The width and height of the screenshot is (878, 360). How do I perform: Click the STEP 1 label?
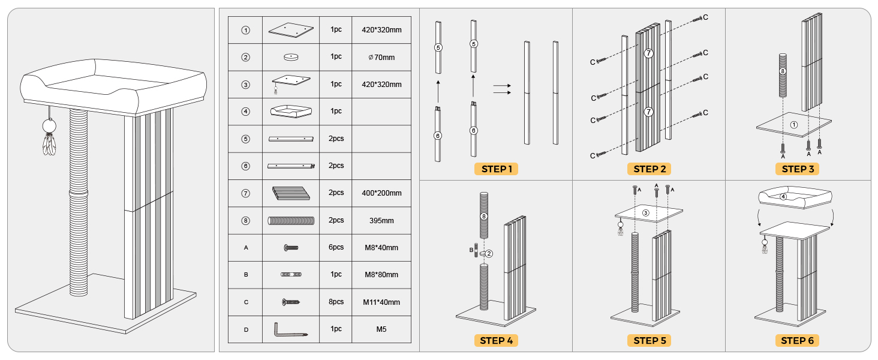pyautogui.click(x=496, y=169)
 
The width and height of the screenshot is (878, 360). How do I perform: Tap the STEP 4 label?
pyautogui.click(x=496, y=340)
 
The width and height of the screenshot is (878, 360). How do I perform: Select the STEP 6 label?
pyautogui.click(x=797, y=340)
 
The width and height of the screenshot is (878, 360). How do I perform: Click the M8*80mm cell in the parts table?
pyautogui.click(x=381, y=275)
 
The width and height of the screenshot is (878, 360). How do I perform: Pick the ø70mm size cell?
pyautogui.click(x=381, y=57)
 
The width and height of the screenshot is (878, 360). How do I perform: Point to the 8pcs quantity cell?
pyautogui.click(x=336, y=302)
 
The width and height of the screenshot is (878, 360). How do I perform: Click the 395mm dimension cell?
pyautogui.click(x=381, y=220)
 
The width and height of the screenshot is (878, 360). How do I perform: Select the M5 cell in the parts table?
pyautogui.click(x=381, y=329)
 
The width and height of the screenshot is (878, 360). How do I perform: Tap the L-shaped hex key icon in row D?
pyautogui.click(x=290, y=330)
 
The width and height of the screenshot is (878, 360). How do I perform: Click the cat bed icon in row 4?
pyautogui.click(x=291, y=112)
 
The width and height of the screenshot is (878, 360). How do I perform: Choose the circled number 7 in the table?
pyautogui.click(x=245, y=193)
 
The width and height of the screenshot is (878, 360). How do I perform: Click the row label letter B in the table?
pyautogui.click(x=246, y=275)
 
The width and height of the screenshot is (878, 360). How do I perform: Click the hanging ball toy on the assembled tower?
pyautogui.click(x=49, y=126)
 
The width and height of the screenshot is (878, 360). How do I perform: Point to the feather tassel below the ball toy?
pyautogui.click(x=49, y=145)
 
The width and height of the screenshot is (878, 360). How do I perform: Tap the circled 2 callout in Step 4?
pyautogui.click(x=489, y=254)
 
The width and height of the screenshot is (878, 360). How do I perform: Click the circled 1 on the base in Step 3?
pyautogui.click(x=793, y=125)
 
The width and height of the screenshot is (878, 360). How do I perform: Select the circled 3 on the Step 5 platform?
pyautogui.click(x=645, y=213)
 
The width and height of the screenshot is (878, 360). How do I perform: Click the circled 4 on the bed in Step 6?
pyautogui.click(x=783, y=196)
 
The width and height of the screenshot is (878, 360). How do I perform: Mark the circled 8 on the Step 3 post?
pyautogui.click(x=783, y=71)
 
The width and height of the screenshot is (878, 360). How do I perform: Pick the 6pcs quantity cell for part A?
pyautogui.click(x=336, y=247)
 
